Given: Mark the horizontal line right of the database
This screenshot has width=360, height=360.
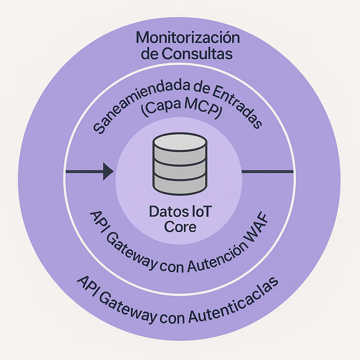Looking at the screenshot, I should click(267, 172).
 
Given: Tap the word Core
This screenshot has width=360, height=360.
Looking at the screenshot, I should click(180, 227).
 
